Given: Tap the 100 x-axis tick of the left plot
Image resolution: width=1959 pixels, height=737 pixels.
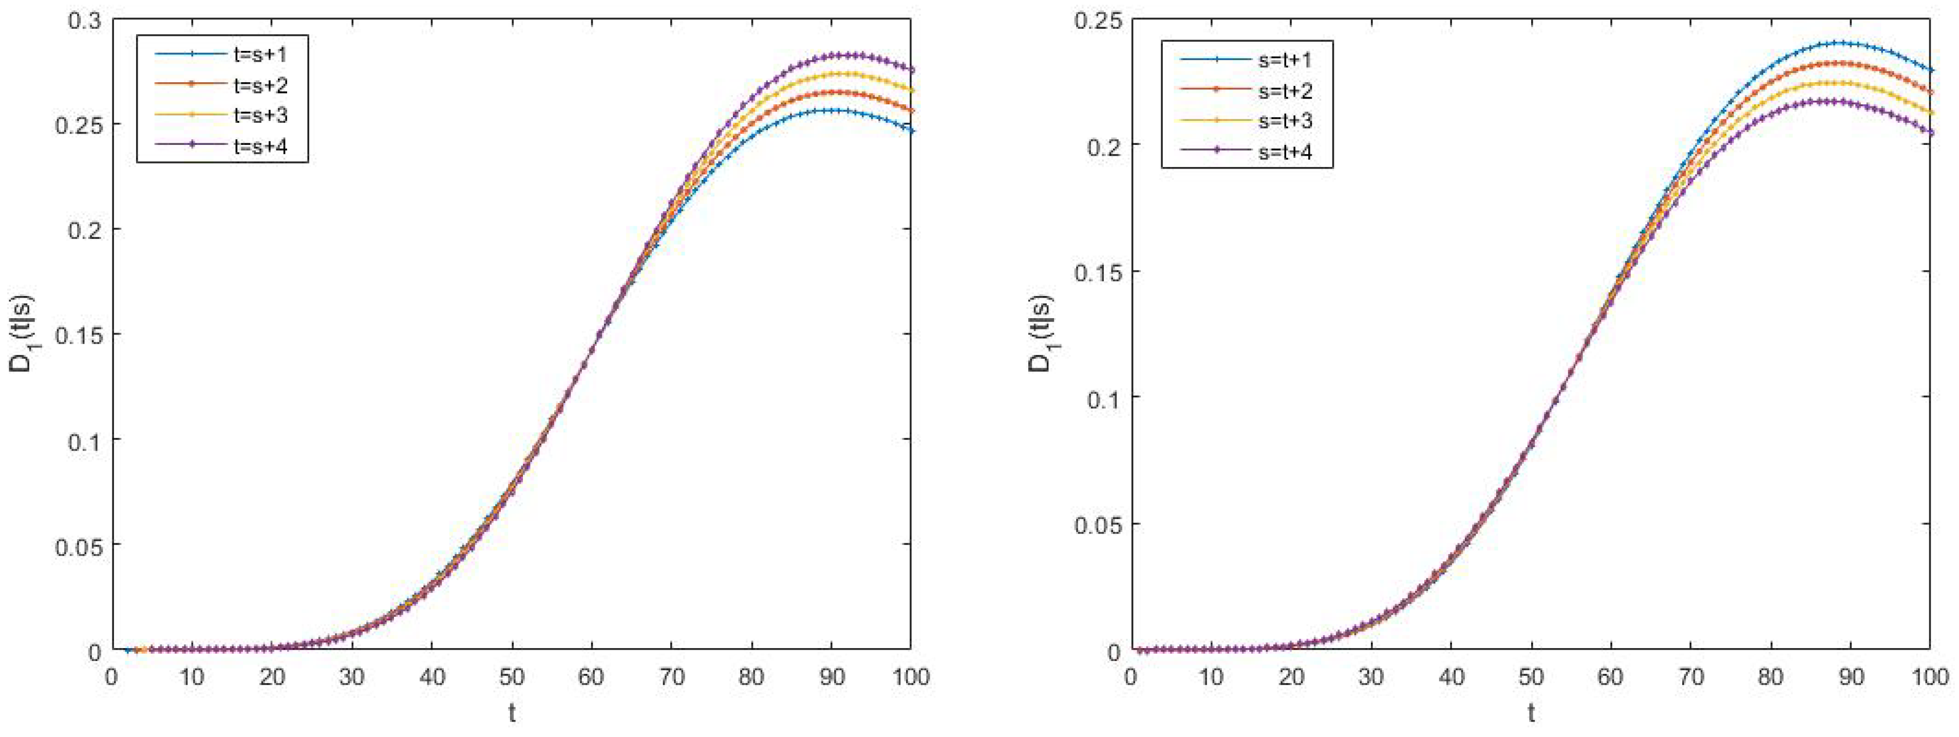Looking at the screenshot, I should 910,676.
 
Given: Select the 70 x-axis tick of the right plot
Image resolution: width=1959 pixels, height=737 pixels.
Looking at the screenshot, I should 1690,676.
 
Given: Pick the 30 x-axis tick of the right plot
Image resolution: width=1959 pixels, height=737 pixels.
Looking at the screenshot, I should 1371,676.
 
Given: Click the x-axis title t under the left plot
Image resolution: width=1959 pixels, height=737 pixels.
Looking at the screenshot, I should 512,713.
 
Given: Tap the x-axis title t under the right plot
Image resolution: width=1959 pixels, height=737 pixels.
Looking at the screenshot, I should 1531,713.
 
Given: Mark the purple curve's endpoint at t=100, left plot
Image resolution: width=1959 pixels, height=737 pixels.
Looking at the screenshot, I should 910,70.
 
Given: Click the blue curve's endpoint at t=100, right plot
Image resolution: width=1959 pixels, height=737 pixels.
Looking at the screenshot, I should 1929,70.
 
